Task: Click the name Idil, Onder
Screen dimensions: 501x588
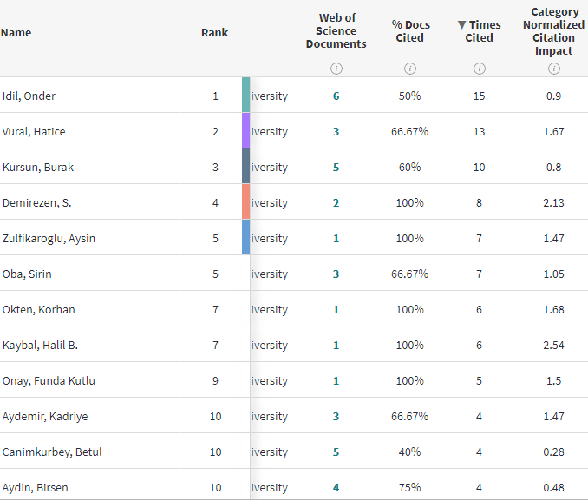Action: point(29,96)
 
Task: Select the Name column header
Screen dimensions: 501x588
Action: point(16,33)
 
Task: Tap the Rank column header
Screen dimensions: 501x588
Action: point(214,33)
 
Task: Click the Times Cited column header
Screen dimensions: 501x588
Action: point(479,31)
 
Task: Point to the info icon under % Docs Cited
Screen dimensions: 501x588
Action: point(409,69)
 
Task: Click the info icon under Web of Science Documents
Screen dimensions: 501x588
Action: point(336,69)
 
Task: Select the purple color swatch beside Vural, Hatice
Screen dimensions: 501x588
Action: point(245,131)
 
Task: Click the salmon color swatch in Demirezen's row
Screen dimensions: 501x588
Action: point(245,202)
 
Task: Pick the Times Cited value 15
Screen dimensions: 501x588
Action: point(479,96)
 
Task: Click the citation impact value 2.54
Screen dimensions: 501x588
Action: point(553,345)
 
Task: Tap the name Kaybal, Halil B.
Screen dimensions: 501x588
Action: point(40,345)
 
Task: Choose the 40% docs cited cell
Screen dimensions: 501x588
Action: point(409,452)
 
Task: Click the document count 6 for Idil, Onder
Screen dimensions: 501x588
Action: point(336,96)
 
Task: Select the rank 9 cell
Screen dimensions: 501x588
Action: point(215,380)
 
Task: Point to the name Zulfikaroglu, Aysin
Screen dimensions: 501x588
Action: point(49,238)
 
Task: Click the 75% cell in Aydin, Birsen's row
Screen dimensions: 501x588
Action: point(409,487)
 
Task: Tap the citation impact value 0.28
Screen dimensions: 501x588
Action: point(553,452)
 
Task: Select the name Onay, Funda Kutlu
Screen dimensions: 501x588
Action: point(49,380)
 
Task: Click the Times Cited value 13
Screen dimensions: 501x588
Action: point(479,131)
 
